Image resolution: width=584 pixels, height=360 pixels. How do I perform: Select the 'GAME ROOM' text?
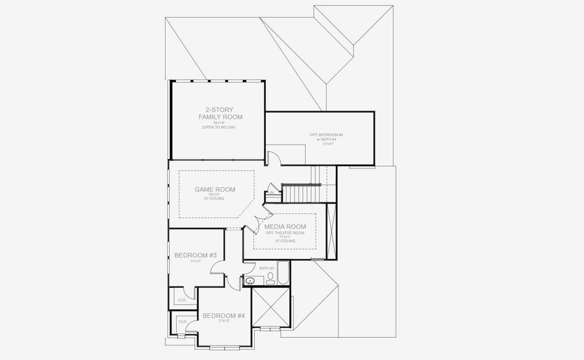pyautogui.click(x=215, y=190)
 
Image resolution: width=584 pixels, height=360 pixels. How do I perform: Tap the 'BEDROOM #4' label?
pyautogui.click(x=224, y=316)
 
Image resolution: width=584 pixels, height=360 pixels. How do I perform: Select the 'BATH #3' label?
pyautogui.click(x=267, y=268)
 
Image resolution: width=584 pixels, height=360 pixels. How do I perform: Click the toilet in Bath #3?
pyautogui.click(x=271, y=277)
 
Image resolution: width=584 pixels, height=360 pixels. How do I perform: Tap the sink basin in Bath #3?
pyautogui.click(x=251, y=280)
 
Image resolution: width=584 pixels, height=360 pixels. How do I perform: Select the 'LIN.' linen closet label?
pyautogui.click(x=271, y=193)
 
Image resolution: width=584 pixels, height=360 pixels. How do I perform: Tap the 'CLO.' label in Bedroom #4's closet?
pyautogui.click(x=183, y=322)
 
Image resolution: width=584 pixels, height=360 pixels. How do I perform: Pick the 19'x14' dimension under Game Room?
pyautogui.click(x=215, y=194)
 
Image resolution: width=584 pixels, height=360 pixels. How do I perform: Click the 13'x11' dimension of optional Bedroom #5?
pyautogui.click(x=327, y=144)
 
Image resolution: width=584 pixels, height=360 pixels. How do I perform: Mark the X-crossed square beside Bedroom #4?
pyautogui.click(x=271, y=307)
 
